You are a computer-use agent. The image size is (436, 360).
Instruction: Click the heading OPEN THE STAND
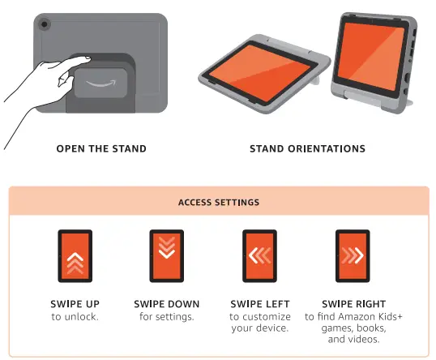pyautogui.click(x=101, y=148)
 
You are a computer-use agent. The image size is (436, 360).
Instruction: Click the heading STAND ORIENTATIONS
pyautogui.click(x=307, y=148)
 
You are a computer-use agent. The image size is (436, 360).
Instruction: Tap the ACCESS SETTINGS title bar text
pyautogui.click(x=219, y=202)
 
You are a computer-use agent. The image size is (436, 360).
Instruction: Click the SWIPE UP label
pyautogui.click(x=75, y=304)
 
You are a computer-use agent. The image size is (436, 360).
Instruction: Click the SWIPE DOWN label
pyautogui.click(x=166, y=304)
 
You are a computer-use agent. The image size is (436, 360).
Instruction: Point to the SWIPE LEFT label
pyautogui.click(x=259, y=304)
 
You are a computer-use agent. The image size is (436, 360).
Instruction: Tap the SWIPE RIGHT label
pyautogui.click(x=351, y=304)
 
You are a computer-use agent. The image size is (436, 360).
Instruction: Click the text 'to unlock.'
pyautogui.click(x=75, y=316)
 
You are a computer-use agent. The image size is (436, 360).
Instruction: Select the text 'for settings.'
pyautogui.click(x=166, y=316)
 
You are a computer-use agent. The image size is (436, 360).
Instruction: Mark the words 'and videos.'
pyautogui.click(x=351, y=340)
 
